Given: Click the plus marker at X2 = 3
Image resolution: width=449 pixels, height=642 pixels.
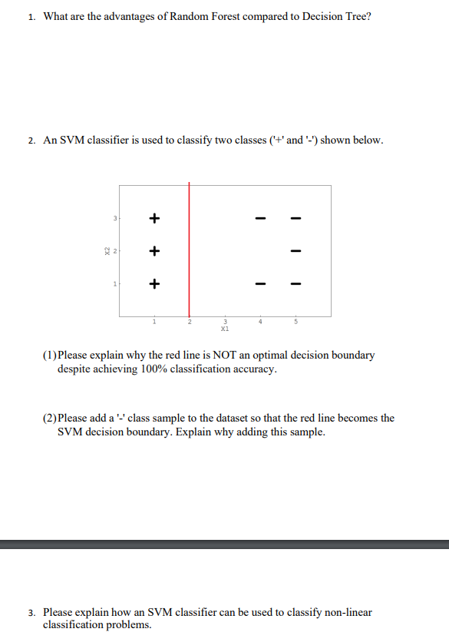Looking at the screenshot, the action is (154, 218).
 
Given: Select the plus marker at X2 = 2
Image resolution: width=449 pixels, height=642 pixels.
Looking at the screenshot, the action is (154, 250).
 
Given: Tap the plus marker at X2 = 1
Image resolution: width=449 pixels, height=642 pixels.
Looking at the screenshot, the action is (154, 283).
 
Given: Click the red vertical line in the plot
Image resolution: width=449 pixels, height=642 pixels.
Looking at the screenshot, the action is (189, 253).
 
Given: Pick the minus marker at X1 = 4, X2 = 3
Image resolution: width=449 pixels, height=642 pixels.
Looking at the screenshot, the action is (260, 218).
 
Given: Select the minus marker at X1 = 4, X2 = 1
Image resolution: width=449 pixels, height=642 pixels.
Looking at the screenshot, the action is (260, 283).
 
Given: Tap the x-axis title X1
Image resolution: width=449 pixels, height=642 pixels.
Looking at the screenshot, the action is (225, 327).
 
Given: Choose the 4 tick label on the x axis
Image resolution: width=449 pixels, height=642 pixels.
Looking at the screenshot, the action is (260, 321).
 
